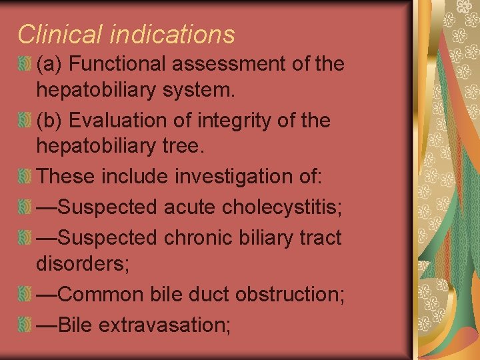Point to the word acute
189,207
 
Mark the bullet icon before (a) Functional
25,65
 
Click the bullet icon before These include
25,177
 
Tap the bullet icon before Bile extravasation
25,325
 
